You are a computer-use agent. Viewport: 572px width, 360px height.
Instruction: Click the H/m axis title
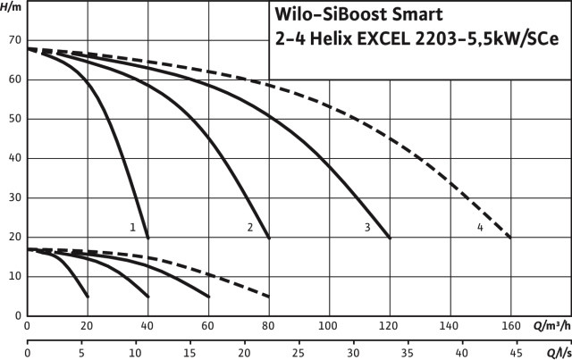pyautogui.click(x=13, y=7)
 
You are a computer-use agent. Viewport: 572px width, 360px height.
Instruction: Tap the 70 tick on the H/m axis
pyautogui.click(x=13, y=41)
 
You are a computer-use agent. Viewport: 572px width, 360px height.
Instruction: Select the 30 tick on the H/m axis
pyautogui.click(x=13, y=198)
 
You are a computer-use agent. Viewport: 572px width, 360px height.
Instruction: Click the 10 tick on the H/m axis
pyautogui.click(x=13, y=277)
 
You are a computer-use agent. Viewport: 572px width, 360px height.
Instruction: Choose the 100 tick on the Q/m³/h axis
pyautogui.click(x=329, y=326)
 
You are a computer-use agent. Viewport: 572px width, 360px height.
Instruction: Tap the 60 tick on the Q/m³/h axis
pyautogui.click(x=208, y=326)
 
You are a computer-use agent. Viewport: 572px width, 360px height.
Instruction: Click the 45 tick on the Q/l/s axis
pyautogui.click(x=509, y=353)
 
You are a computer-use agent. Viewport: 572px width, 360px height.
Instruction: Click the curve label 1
pyautogui.click(x=132, y=228)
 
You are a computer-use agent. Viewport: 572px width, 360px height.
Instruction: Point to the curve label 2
pyautogui.click(x=250, y=228)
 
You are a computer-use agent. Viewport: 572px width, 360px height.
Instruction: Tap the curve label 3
pyautogui.click(x=367, y=228)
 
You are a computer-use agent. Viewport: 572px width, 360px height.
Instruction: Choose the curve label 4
pyautogui.click(x=480, y=228)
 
